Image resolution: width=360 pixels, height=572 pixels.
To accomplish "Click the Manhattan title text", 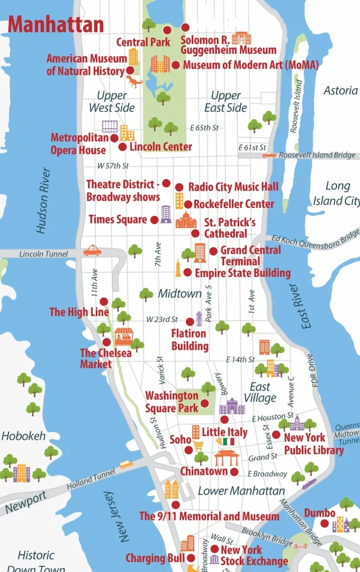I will click(x=56, y=25).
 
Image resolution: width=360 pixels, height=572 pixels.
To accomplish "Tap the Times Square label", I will click(x=118, y=220).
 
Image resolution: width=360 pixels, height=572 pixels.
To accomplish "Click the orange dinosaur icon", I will click(x=135, y=82).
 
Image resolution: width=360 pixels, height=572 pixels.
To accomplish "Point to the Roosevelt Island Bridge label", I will click(x=317, y=155).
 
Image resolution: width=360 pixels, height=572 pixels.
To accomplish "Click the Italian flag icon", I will click(x=228, y=442).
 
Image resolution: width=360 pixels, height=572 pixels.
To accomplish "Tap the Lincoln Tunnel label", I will click(x=44, y=254).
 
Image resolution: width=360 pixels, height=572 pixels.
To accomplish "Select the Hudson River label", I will click(x=44, y=200).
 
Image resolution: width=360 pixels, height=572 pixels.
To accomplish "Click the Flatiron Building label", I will click(x=189, y=340).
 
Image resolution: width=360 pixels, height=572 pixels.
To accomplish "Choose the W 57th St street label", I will click(x=113, y=166).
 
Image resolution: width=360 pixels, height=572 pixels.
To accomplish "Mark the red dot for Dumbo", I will click(x=324, y=523).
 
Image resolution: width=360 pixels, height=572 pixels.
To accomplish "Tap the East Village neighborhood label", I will click(x=260, y=392).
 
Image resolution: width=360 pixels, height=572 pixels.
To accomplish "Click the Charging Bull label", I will click(x=155, y=558).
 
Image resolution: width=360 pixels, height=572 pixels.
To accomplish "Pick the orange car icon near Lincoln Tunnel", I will click(x=93, y=250).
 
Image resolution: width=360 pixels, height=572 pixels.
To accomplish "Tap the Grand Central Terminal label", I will click(x=250, y=255).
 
